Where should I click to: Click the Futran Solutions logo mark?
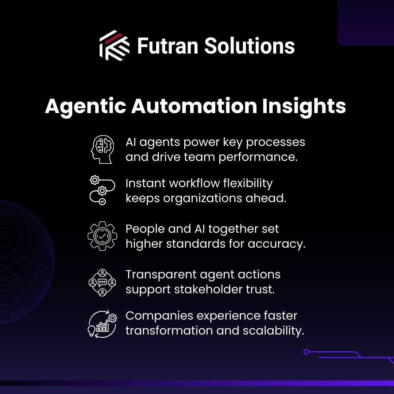114,46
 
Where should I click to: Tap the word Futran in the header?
167,46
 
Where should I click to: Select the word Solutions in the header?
249,46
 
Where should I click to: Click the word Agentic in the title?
85,107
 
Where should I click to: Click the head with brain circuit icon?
102,149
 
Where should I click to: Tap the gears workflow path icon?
102,190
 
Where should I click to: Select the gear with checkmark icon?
102,236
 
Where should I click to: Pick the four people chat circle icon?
102,282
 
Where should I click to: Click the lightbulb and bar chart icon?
102,324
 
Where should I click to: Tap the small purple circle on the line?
306,352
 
